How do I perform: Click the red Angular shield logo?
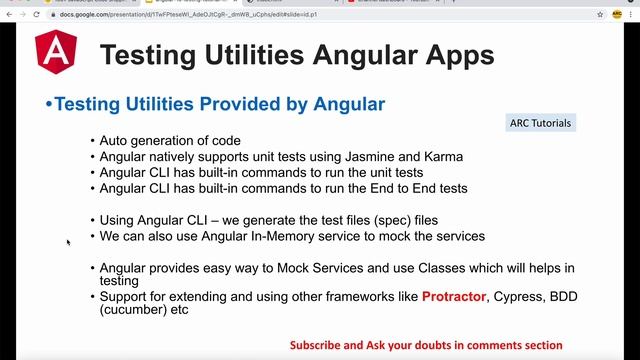(x=55, y=55)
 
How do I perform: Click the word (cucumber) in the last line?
(x=133, y=311)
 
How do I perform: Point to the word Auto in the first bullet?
(x=116, y=141)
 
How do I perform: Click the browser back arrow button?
(x=9, y=16)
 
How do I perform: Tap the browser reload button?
(x=37, y=16)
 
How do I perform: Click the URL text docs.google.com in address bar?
(x=85, y=16)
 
